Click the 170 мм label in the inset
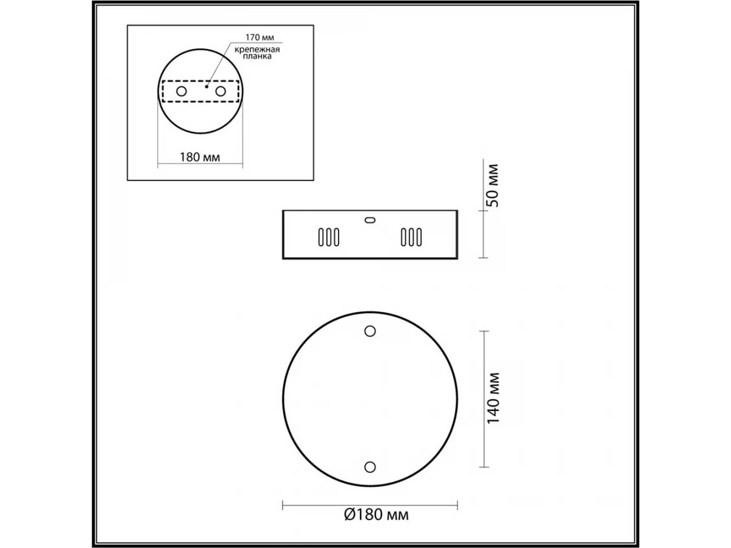[260, 37]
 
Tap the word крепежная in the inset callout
[257, 49]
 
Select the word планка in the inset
[257, 56]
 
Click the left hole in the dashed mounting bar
[182, 91]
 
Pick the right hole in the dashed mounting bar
[221, 91]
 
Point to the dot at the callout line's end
[207, 86]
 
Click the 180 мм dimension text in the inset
[200, 157]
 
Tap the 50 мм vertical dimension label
[493, 185]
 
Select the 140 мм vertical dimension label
[493, 398]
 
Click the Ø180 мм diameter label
[376, 515]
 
